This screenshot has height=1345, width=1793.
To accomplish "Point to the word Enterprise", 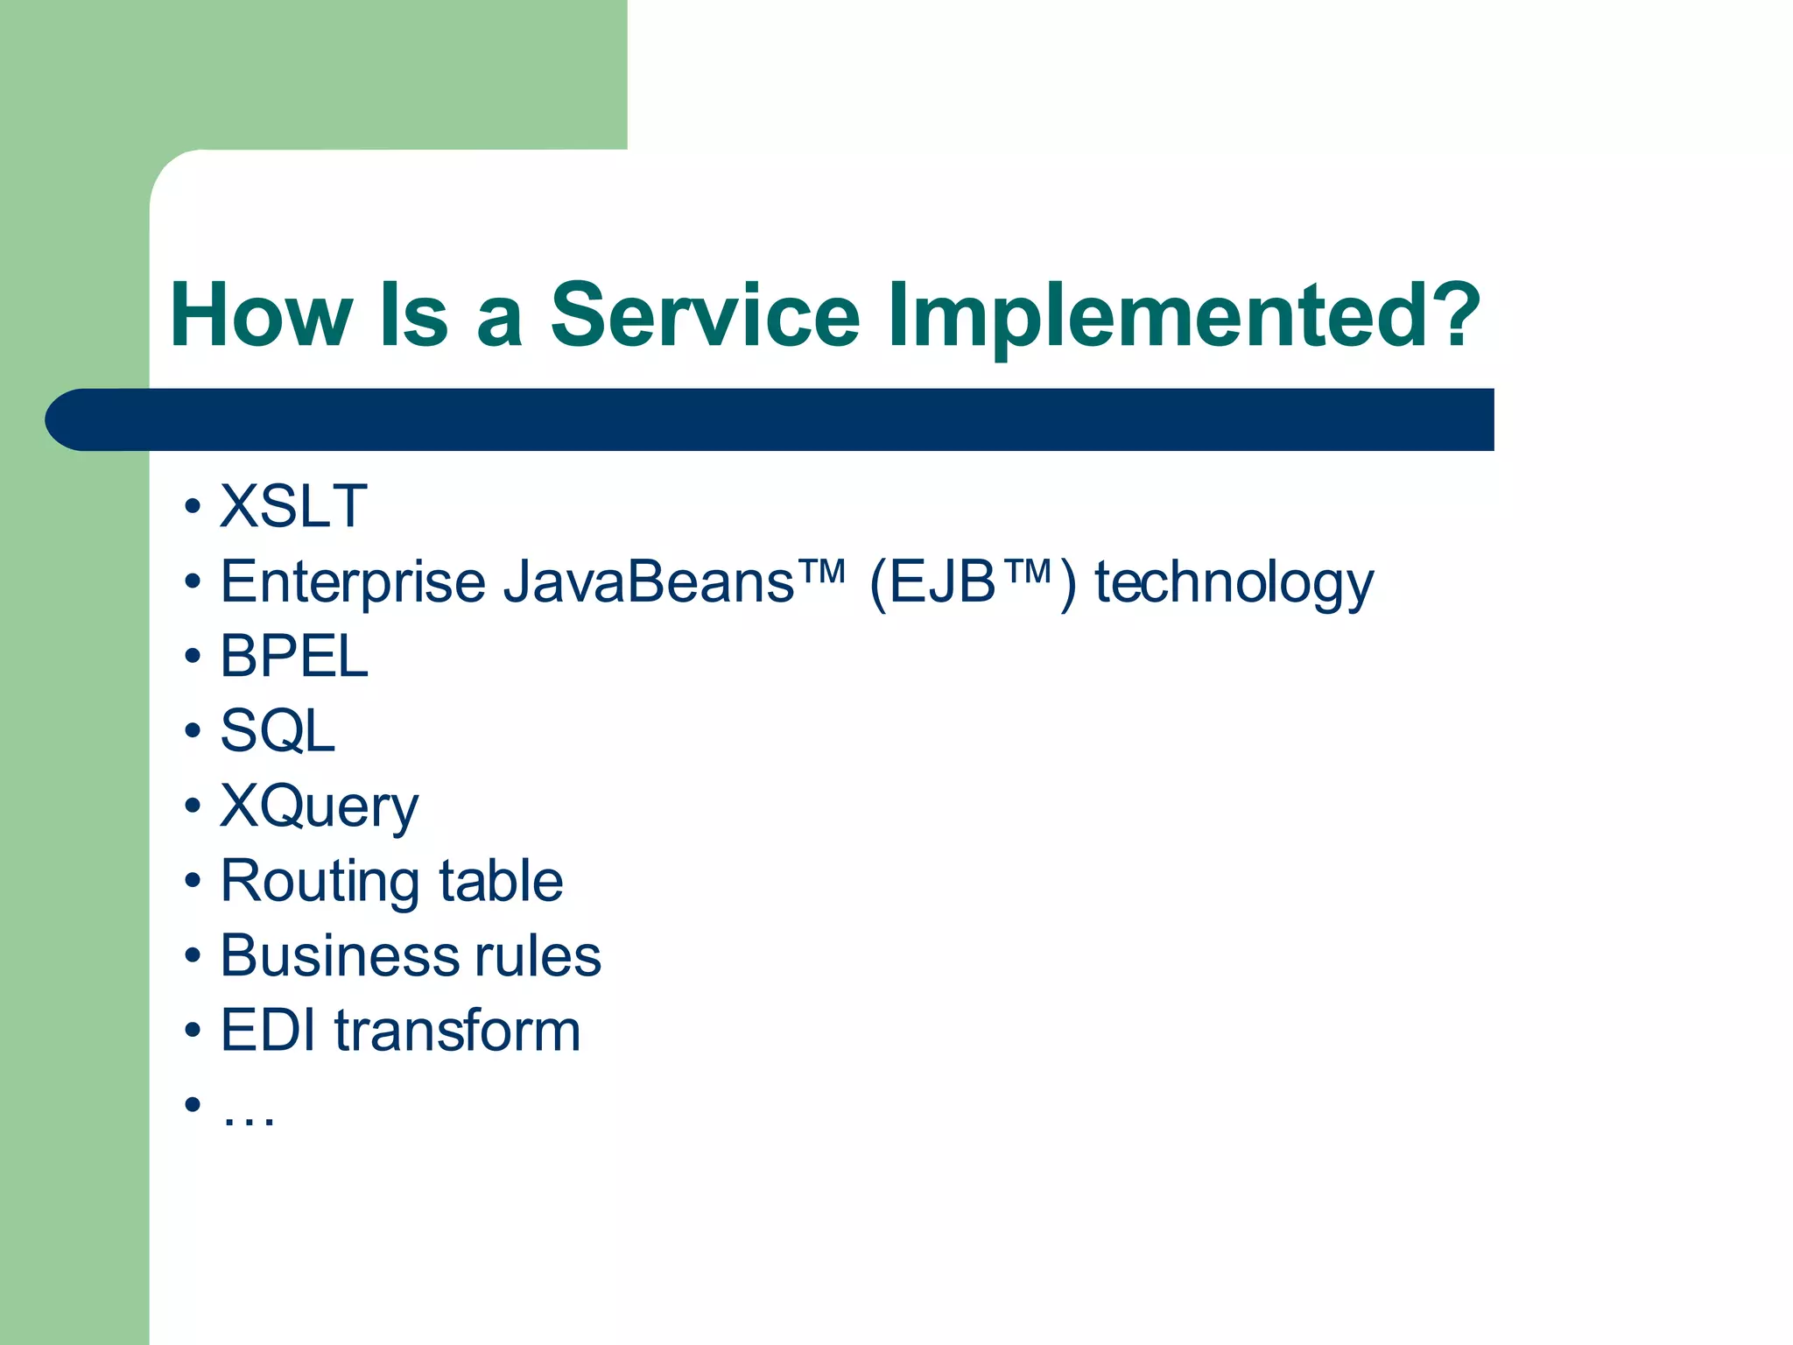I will pyautogui.click(x=352, y=583).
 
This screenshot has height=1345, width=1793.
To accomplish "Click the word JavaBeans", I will pyautogui.click(x=648, y=581).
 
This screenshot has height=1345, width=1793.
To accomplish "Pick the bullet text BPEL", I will pyautogui.click(x=293, y=656).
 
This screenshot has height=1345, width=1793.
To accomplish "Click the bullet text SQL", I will pyautogui.click(x=278, y=731).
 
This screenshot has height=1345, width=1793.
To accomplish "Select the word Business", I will pyautogui.click(x=336, y=955).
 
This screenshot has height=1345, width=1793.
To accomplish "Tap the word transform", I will pyautogui.click(x=457, y=1031).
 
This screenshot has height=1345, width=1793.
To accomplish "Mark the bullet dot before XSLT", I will pyautogui.click(x=193, y=507).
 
